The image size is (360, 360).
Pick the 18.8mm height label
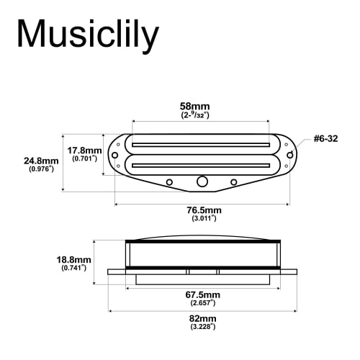[x=73, y=259]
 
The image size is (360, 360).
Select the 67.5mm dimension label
[x=202, y=295]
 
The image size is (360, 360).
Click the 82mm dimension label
[x=202, y=318]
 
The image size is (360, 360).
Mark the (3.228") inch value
[x=202, y=327]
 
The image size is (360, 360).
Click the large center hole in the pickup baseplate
[x=203, y=180]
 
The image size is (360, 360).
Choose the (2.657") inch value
[x=202, y=304]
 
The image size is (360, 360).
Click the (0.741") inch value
[x=73, y=268]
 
